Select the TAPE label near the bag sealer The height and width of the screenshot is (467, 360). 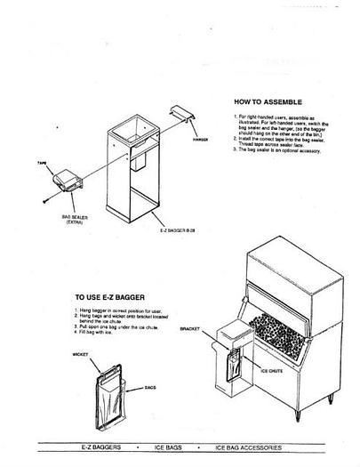click(x=42, y=165)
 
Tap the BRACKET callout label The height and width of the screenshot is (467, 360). click(x=190, y=328)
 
